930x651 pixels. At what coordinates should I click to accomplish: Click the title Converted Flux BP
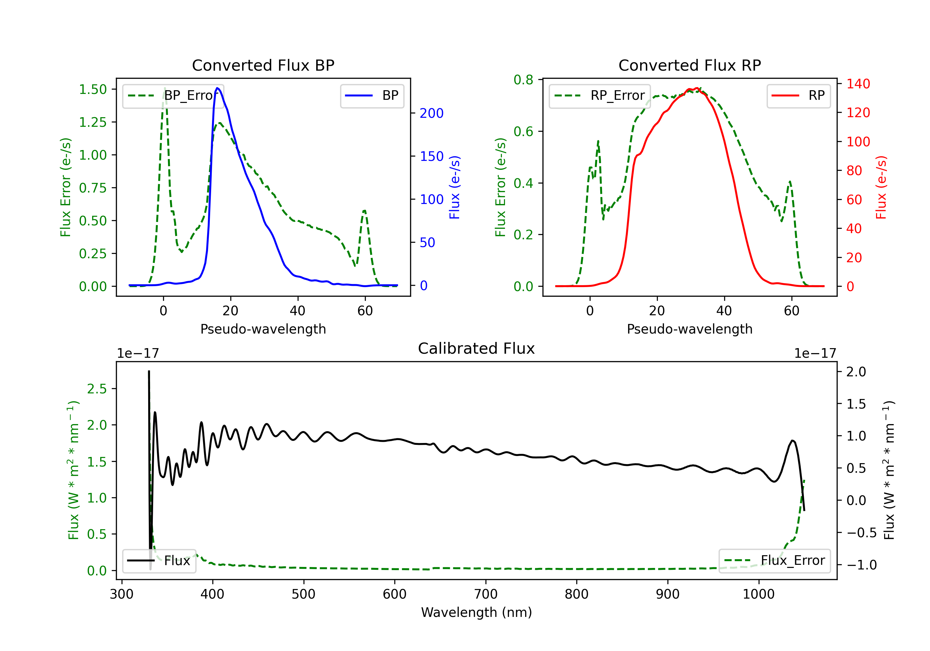pyautogui.click(x=263, y=65)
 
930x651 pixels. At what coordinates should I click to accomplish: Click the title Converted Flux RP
pyautogui.click(x=689, y=65)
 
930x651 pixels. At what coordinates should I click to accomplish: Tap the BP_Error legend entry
pyautogui.click(x=173, y=95)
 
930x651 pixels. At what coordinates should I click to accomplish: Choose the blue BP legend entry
pyautogui.click(x=372, y=95)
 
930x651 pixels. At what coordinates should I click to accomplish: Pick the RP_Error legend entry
pyautogui.click(x=600, y=95)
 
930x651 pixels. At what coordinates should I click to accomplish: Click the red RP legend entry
pyautogui.click(x=798, y=95)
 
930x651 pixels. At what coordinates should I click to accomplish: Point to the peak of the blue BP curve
pyautogui.click(x=218, y=88)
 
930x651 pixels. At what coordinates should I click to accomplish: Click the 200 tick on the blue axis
pyautogui.click(x=432, y=113)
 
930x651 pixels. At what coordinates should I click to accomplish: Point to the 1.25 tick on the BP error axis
pyautogui.click(x=93, y=122)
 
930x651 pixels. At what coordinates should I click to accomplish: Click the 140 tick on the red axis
pyautogui.click(x=858, y=84)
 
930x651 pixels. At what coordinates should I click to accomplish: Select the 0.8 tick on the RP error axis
pyautogui.click(x=523, y=80)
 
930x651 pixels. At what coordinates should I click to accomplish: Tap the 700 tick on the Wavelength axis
pyautogui.click(x=486, y=594)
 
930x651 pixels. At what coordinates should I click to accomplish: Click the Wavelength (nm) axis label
pyautogui.click(x=476, y=612)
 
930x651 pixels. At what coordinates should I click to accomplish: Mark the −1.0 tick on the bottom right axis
pyautogui.click(x=861, y=565)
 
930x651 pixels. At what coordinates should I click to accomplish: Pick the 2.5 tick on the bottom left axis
pyautogui.click(x=97, y=389)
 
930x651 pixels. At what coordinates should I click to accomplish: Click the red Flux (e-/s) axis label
pyautogui.click(x=881, y=187)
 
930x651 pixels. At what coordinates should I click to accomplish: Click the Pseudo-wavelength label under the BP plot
pyautogui.click(x=263, y=329)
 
